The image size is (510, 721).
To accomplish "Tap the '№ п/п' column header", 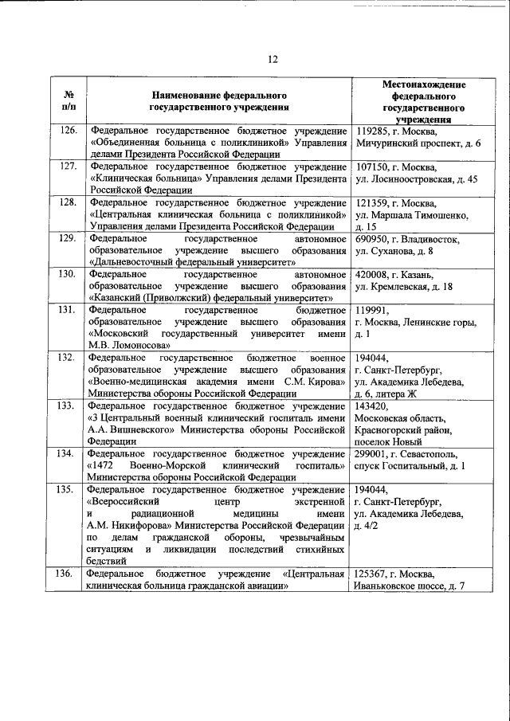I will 69,100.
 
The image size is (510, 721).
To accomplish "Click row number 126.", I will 69,131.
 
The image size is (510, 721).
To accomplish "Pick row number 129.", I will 69,238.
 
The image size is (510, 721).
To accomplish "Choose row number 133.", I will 69,406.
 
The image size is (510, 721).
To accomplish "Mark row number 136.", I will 69,573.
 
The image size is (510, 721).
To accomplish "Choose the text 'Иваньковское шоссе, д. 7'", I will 410,586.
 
